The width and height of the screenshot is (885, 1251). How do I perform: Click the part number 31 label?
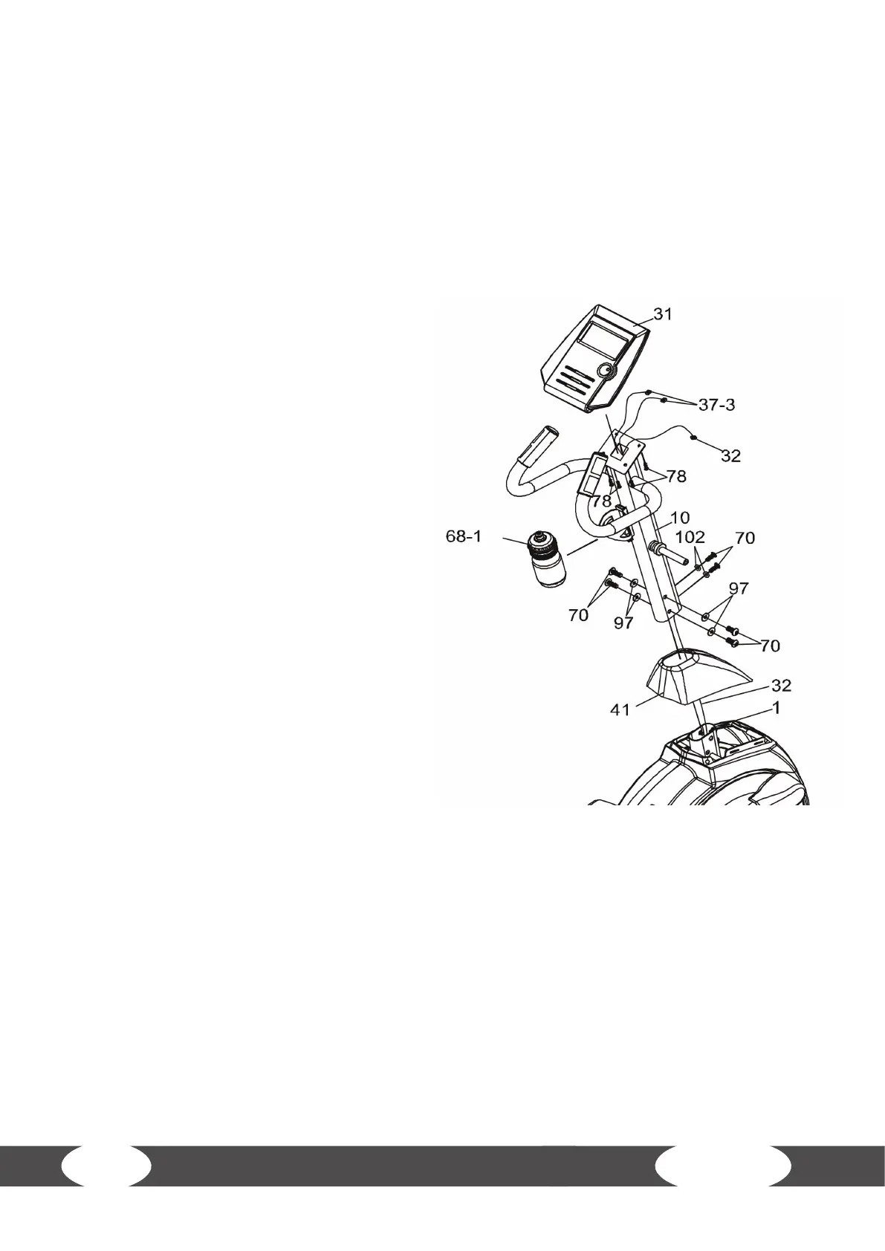662,314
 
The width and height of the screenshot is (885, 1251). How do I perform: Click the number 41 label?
620,710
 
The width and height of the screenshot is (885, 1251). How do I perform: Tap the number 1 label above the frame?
775,709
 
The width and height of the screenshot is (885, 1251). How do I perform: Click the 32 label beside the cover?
760,684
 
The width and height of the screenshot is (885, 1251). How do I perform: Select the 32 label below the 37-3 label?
730,456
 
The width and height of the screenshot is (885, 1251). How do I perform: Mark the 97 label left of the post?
623,623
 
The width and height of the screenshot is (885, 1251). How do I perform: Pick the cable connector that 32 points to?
693,438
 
